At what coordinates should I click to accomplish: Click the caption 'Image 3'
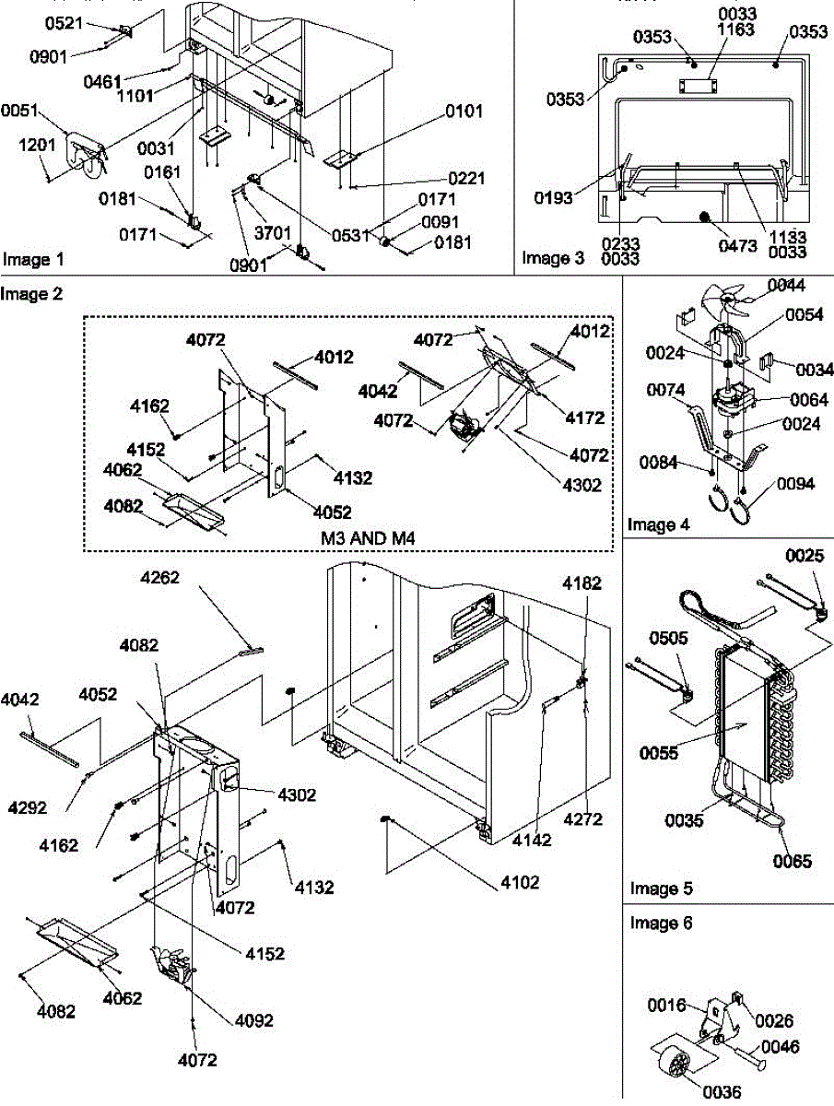coord(553,258)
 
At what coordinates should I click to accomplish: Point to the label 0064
coord(809,400)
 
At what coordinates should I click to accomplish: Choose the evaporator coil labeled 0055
coord(743,710)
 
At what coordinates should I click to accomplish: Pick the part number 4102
coord(522,882)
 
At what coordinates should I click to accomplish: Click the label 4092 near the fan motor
coord(253,1020)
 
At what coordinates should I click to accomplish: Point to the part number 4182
coord(583,582)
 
